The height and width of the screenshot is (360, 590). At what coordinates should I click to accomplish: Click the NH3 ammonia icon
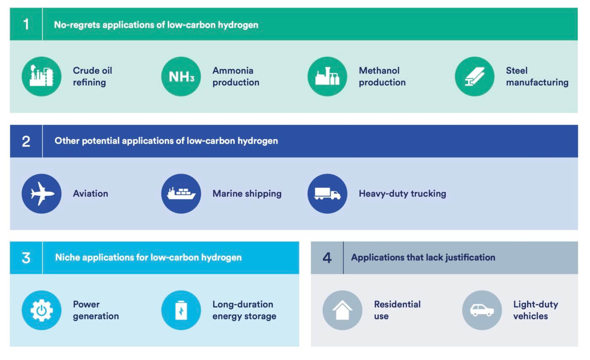(x=181, y=77)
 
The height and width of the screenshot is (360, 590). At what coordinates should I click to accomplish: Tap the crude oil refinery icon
(x=42, y=77)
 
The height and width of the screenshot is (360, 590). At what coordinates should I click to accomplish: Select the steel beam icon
(x=475, y=77)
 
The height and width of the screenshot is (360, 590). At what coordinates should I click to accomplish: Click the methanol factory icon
(x=327, y=77)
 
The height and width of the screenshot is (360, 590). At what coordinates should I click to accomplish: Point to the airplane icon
(x=42, y=194)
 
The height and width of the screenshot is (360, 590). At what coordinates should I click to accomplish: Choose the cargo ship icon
(x=181, y=194)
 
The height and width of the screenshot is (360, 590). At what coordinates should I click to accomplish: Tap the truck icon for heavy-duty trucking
(x=327, y=194)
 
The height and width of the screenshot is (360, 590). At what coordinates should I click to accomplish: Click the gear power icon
(x=42, y=310)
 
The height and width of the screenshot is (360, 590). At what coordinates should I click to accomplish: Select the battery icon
(x=181, y=310)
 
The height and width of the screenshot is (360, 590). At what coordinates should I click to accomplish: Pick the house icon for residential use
(x=342, y=310)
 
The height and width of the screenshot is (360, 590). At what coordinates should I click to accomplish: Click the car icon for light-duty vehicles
(x=482, y=310)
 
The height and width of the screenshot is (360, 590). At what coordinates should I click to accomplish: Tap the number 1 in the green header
(x=26, y=24)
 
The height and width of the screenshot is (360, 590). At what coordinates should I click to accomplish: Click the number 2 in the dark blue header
(x=26, y=141)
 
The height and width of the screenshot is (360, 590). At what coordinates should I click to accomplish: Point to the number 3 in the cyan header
(x=26, y=258)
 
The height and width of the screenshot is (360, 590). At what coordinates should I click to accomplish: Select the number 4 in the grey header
(x=327, y=258)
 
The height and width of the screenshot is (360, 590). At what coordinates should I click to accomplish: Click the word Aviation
(x=91, y=194)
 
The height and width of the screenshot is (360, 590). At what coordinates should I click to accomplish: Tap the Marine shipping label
(x=247, y=194)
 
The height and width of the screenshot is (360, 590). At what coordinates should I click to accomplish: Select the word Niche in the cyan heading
(x=67, y=257)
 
